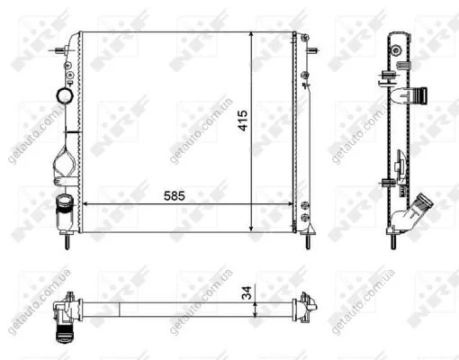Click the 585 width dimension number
pyautogui.click(x=175, y=196)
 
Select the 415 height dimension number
pyautogui.click(x=243, y=121)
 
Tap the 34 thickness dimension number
pyautogui.click(x=247, y=292)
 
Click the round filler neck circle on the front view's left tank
pyautogui.click(x=65, y=95)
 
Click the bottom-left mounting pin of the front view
pyautogui.click(x=67, y=242)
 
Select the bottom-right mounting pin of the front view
pyautogui.click(x=308, y=242)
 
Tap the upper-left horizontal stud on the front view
pyautogui.click(x=58, y=50)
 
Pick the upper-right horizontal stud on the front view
pyautogui.click(x=313, y=50)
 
